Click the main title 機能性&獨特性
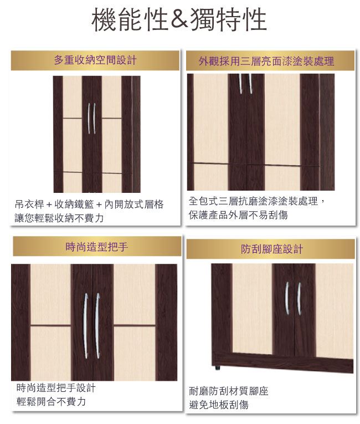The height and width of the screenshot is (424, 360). click(x=179, y=19)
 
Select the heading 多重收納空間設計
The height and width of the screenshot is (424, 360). click(x=95, y=60)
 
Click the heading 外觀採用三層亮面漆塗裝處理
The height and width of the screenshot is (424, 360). click(x=266, y=62)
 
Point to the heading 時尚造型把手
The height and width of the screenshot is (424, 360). click(x=96, y=247)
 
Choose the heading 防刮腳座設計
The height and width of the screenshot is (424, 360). click(x=271, y=249)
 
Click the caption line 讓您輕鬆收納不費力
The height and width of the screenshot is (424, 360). click(x=59, y=218)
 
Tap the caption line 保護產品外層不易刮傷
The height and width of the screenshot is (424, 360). click(x=238, y=215)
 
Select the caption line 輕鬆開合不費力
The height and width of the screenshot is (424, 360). click(x=51, y=401)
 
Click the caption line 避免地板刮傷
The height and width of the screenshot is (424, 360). click(x=218, y=405)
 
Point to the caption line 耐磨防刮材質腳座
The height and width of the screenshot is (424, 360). click(x=228, y=391)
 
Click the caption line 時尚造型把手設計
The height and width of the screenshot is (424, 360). click(x=56, y=388)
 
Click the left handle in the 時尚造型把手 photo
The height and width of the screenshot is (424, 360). click(x=85, y=326)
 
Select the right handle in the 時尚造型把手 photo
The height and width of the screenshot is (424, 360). click(x=97, y=326)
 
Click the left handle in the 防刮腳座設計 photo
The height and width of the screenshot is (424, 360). click(x=287, y=298)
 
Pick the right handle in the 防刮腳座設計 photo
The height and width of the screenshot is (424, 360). click(x=299, y=299)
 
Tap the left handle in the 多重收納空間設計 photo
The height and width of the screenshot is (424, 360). click(x=89, y=119)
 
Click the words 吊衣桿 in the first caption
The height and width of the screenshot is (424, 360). click(x=29, y=205)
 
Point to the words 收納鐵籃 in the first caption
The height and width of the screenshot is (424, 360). click(x=74, y=205)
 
